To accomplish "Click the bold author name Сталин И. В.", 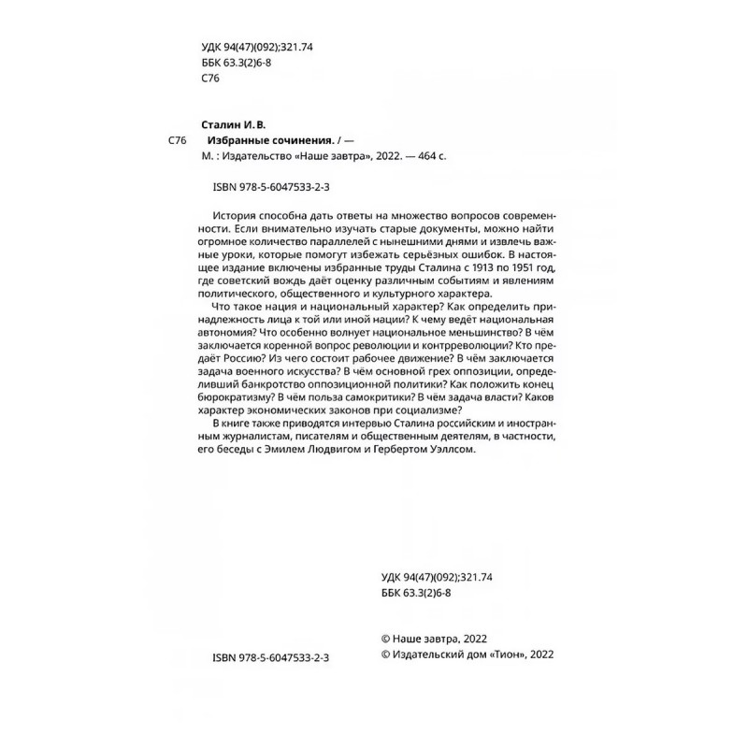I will coord(233,122).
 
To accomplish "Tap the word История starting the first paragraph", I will coord(237,214).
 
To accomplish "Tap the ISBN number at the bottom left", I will coord(265,657).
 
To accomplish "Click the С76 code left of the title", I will coord(178,139).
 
